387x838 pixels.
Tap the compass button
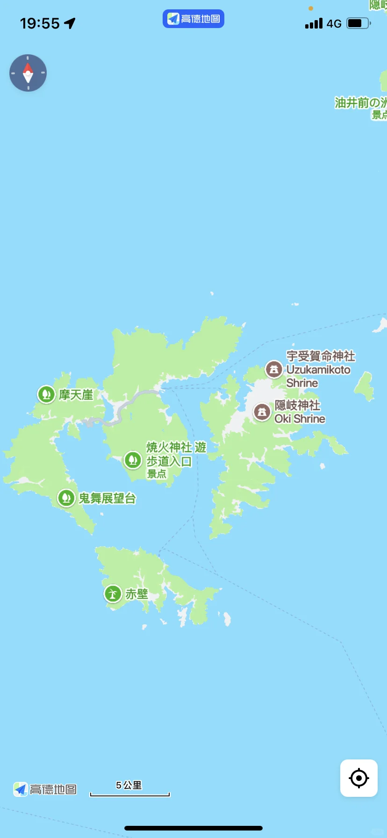(x=28, y=73)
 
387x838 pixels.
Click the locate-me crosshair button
(x=358, y=778)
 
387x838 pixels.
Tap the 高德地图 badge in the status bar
(x=193, y=19)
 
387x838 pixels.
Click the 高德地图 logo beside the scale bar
(x=45, y=789)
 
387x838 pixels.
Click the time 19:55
(x=40, y=23)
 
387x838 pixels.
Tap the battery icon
(x=358, y=23)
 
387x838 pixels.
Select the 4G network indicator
(x=334, y=23)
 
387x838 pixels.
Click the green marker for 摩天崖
(x=46, y=394)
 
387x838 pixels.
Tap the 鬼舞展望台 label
(x=107, y=498)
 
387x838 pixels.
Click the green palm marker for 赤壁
(x=113, y=594)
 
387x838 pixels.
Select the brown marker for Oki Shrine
(x=262, y=412)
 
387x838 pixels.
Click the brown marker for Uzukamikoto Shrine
(x=274, y=369)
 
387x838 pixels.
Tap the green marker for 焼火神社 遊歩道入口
(x=133, y=460)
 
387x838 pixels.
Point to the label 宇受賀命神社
(x=321, y=356)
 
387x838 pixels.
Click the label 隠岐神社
(x=297, y=405)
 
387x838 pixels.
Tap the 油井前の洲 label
(x=360, y=103)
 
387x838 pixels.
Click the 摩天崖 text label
(x=76, y=395)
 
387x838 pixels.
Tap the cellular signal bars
(x=314, y=23)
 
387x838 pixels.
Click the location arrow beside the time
(x=70, y=23)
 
